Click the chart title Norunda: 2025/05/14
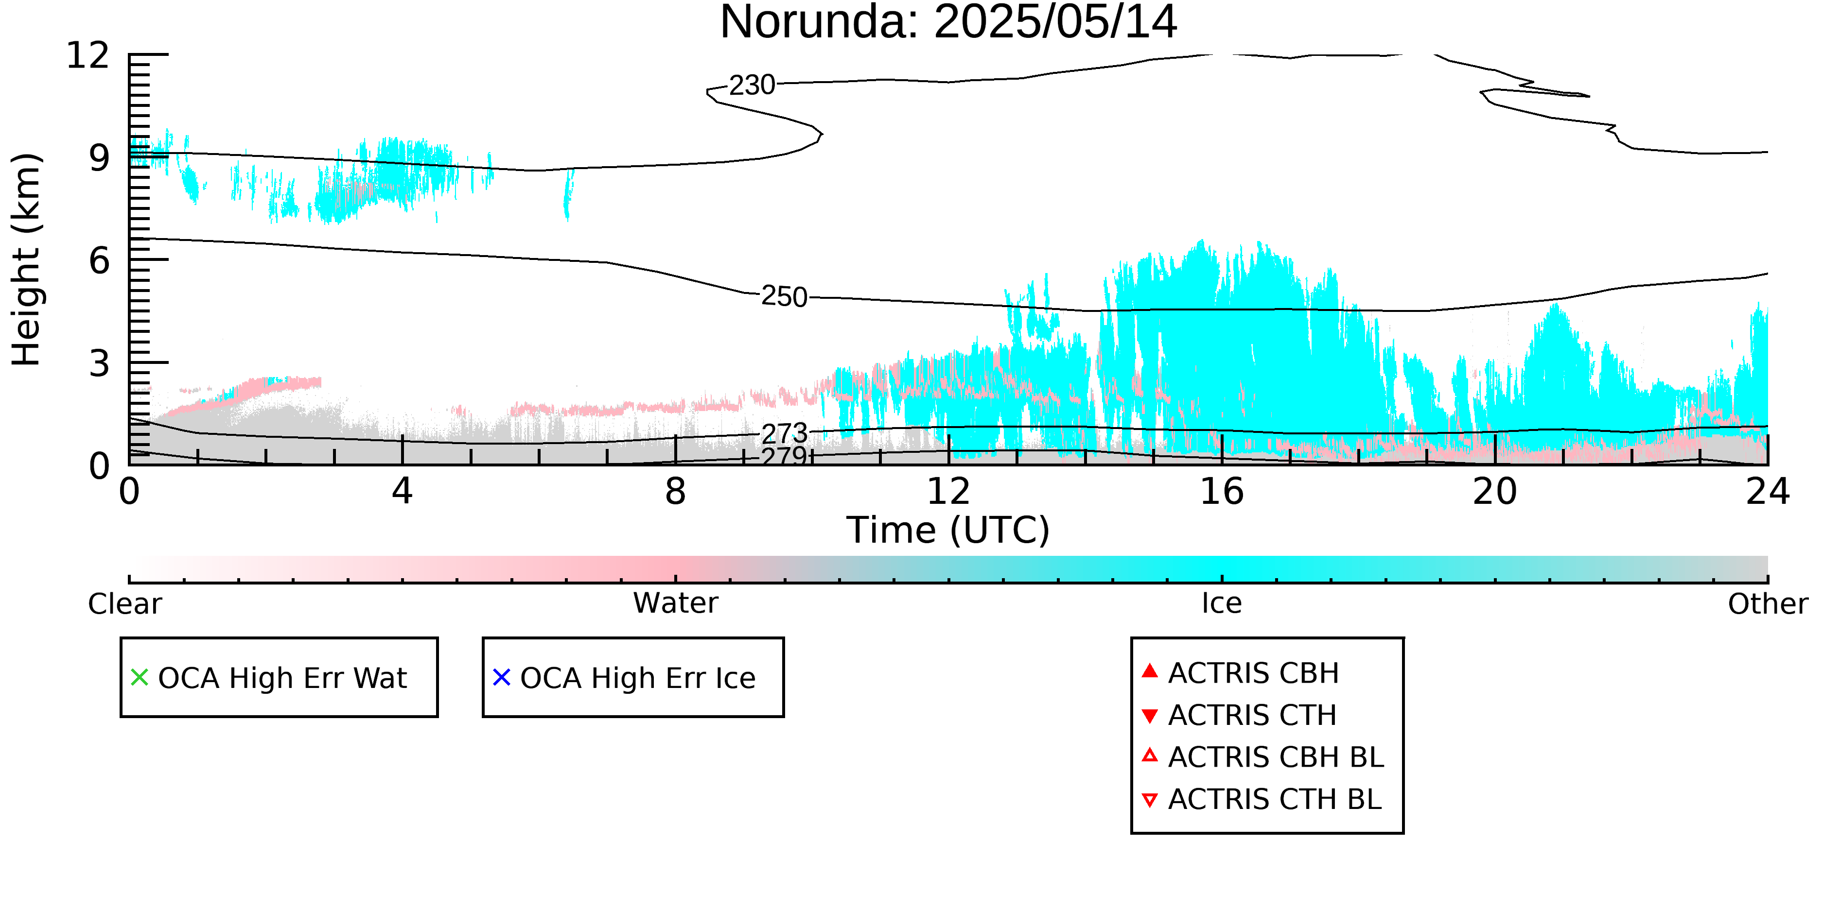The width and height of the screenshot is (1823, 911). click(948, 23)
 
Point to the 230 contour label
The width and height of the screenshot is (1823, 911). click(752, 85)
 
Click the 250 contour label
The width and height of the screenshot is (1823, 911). click(784, 296)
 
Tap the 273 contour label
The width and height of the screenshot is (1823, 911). click(784, 433)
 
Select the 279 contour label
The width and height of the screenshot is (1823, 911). click(784, 456)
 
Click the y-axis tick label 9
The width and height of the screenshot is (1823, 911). click(99, 158)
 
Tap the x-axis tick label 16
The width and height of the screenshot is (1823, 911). click(1222, 492)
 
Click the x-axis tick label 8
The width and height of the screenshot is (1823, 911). click(675, 492)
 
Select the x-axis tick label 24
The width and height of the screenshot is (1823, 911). click(1767, 492)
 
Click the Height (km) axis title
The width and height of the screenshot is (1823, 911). click(27, 259)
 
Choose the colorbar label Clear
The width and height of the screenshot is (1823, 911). click(124, 604)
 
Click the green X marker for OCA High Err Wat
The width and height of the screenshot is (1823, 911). click(140, 678)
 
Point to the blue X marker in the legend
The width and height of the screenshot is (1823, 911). click(502, 678)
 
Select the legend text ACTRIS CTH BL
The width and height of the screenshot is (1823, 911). click(1275, 800)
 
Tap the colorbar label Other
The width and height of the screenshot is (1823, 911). click(1768, 604)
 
